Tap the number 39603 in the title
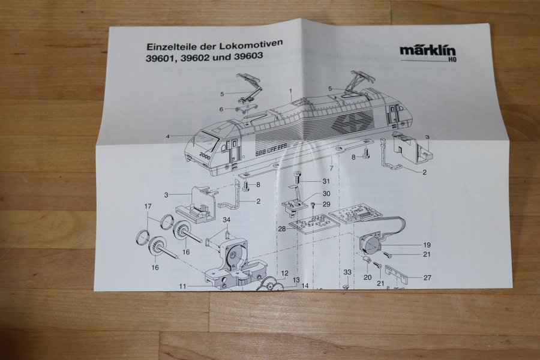pos(248,55)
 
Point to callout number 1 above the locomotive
pos(290,91)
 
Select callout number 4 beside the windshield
pos(168,136)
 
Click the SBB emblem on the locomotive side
pos(353,123)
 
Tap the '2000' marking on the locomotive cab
pos(205,155)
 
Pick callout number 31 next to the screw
pos(326,181)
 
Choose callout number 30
pos(326,194)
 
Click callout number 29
pos(326,204)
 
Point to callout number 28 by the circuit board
pos(283,229)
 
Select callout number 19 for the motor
pos(427,245)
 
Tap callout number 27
pos(427,277)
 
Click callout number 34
pos(226,220)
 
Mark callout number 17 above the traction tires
pos(148,206)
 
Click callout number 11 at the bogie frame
pos(182,286)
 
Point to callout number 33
pos(347,272)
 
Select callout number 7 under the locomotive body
pos(331,169)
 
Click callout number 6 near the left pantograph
pos(221,109)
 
